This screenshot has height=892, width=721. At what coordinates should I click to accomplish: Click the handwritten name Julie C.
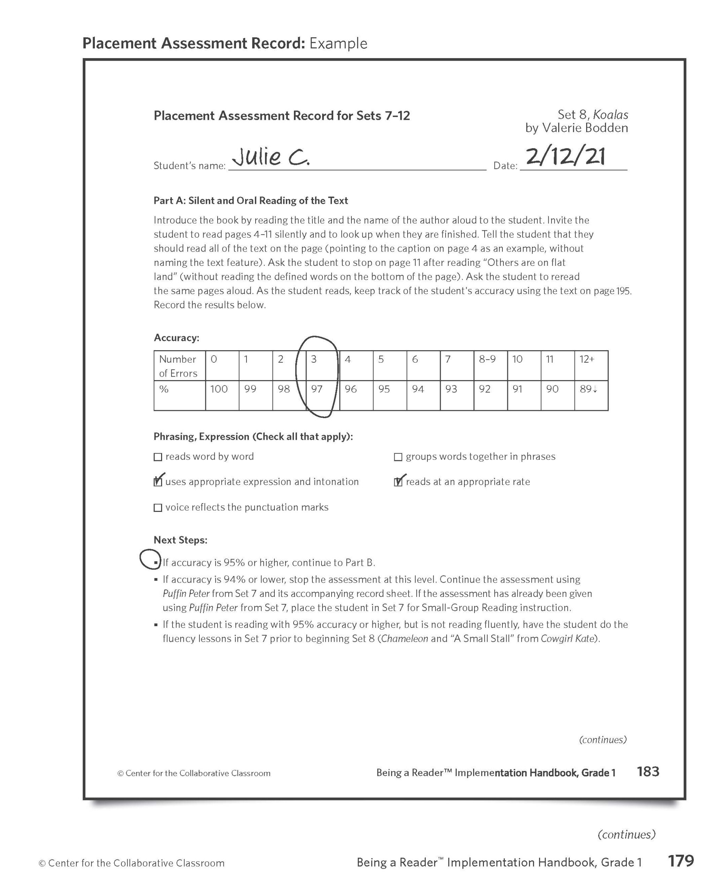[x=271, y=157]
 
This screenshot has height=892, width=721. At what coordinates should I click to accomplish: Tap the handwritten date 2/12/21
[x=565, y=156]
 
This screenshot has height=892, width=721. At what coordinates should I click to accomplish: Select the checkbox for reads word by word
[x=158, y=457]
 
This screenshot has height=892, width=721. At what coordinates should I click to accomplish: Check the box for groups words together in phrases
[x=398, y=457]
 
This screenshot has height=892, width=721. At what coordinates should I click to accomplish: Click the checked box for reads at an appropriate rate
[x=398, y=482]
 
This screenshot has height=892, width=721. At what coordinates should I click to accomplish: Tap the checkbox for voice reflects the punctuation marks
[x=158, y=508]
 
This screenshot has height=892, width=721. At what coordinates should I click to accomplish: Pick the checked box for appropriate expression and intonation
[x=158, y=482]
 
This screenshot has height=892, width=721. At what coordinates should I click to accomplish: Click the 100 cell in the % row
[x=222, y=395]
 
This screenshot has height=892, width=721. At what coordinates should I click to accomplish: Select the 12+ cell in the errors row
[x=591, y=365]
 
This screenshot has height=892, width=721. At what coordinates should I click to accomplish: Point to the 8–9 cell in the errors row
[x=490, y=365]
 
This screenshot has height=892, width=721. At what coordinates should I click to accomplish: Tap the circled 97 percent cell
[x=322, y=395]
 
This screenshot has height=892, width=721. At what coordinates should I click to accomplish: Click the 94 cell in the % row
[x=423, y=395]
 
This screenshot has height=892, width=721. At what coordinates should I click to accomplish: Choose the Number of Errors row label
[x=179, y=366]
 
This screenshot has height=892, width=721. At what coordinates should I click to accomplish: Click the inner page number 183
[x=647, y=771]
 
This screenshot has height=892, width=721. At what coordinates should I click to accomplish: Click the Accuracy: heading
[x=176, y=337]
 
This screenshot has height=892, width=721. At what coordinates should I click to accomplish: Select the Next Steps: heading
[x=180, y=540]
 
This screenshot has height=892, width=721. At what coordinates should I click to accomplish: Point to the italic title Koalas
[x=610, y=115]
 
